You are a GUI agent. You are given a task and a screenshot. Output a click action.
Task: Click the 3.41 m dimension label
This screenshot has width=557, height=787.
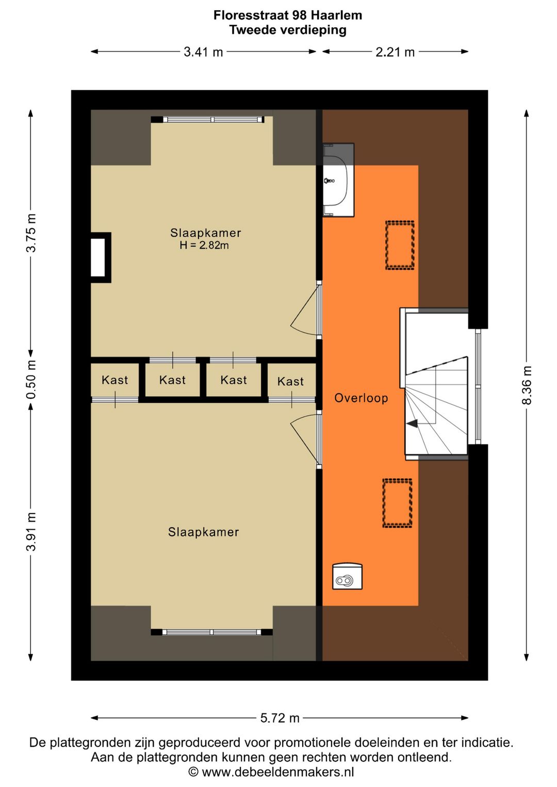click(x=204, y=52)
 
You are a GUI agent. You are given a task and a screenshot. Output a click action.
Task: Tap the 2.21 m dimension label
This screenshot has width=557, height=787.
click(x=395, y=52)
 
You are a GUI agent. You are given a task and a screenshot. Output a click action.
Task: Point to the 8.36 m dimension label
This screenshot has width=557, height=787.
click(x=527, y=385)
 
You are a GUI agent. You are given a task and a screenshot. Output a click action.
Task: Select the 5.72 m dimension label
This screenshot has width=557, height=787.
click(x=280, y=718)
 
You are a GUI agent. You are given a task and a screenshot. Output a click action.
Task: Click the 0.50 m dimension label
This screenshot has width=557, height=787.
click(x=31, y=380)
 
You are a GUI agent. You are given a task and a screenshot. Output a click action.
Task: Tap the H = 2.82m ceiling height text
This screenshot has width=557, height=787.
click(x=204, y=245)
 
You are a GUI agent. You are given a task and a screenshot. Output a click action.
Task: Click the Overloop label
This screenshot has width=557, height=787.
click(x=361, y=398)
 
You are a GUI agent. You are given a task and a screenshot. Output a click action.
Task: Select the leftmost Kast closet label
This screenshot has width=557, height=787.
click(x=114, y=380)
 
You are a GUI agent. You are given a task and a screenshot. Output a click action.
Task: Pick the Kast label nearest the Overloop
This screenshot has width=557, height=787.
click(x=290, y=381)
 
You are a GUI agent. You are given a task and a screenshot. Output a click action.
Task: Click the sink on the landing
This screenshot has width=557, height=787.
click(x=338, y=180)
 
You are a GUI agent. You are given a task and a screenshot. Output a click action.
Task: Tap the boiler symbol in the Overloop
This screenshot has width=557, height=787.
click(x=347, y=577)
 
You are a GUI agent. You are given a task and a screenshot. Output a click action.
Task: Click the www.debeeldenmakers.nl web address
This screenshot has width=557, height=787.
click(x=277, y=772)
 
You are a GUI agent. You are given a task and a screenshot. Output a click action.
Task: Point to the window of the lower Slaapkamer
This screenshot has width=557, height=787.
click(x=211, y=632)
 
